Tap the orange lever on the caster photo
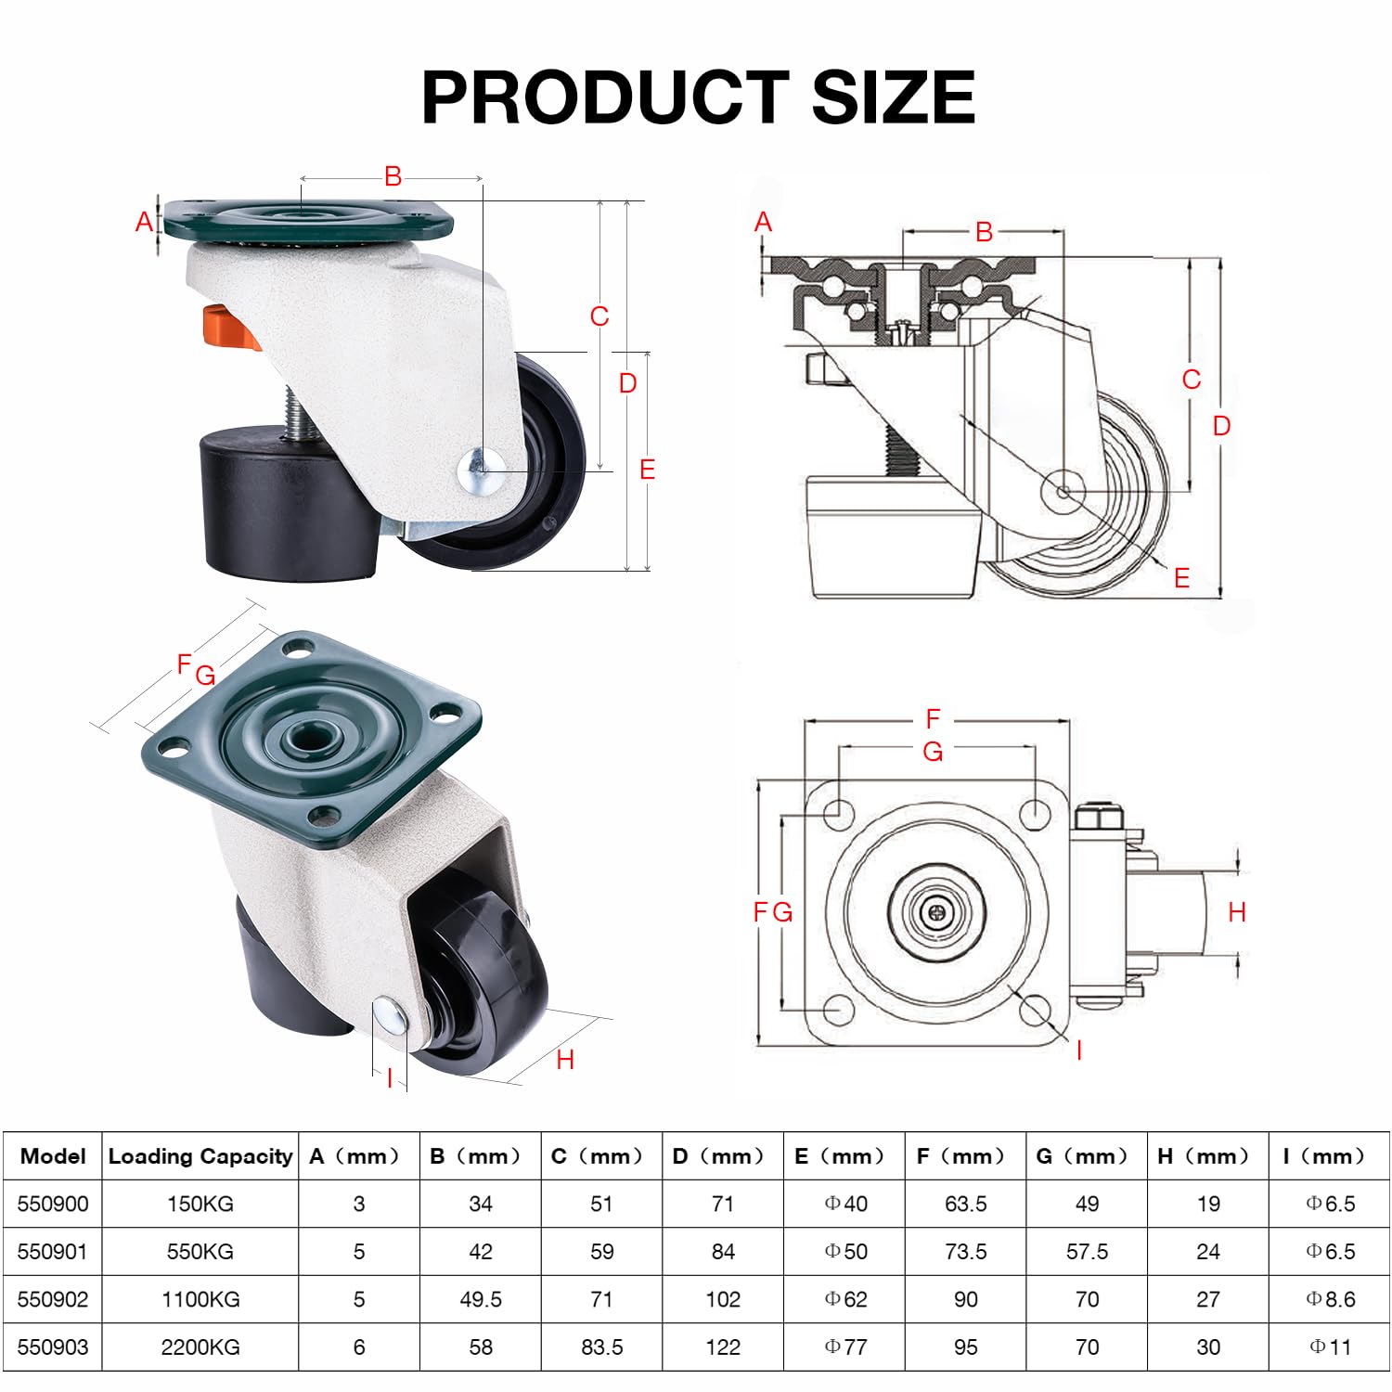[230, 329]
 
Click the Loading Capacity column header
[200, 1156]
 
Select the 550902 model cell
[53, 1299]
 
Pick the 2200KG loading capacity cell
[200, 1347]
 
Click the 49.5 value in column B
[481, 1299]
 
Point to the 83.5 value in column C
[602, 1347]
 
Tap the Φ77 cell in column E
[845, 1347]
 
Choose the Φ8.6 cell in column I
[1331, 1299]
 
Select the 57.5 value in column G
[1087, 1252]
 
